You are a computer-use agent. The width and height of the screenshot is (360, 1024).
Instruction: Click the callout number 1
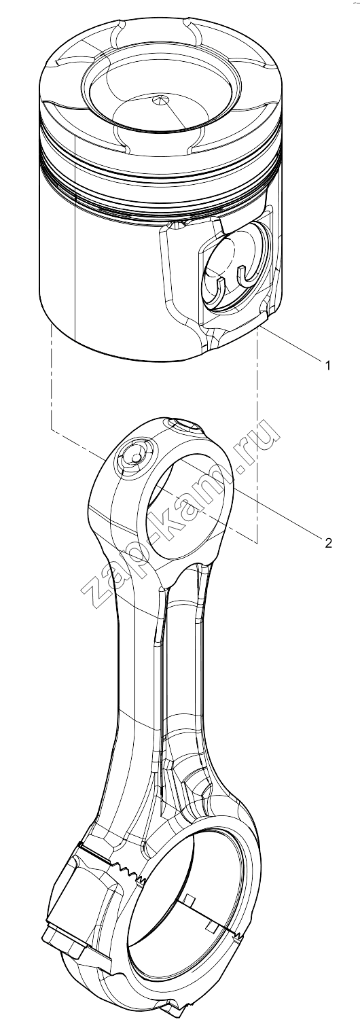point(327,366)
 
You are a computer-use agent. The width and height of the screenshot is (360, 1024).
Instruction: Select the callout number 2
point(328,542)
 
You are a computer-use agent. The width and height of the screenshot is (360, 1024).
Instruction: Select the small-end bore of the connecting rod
point(187,502)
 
